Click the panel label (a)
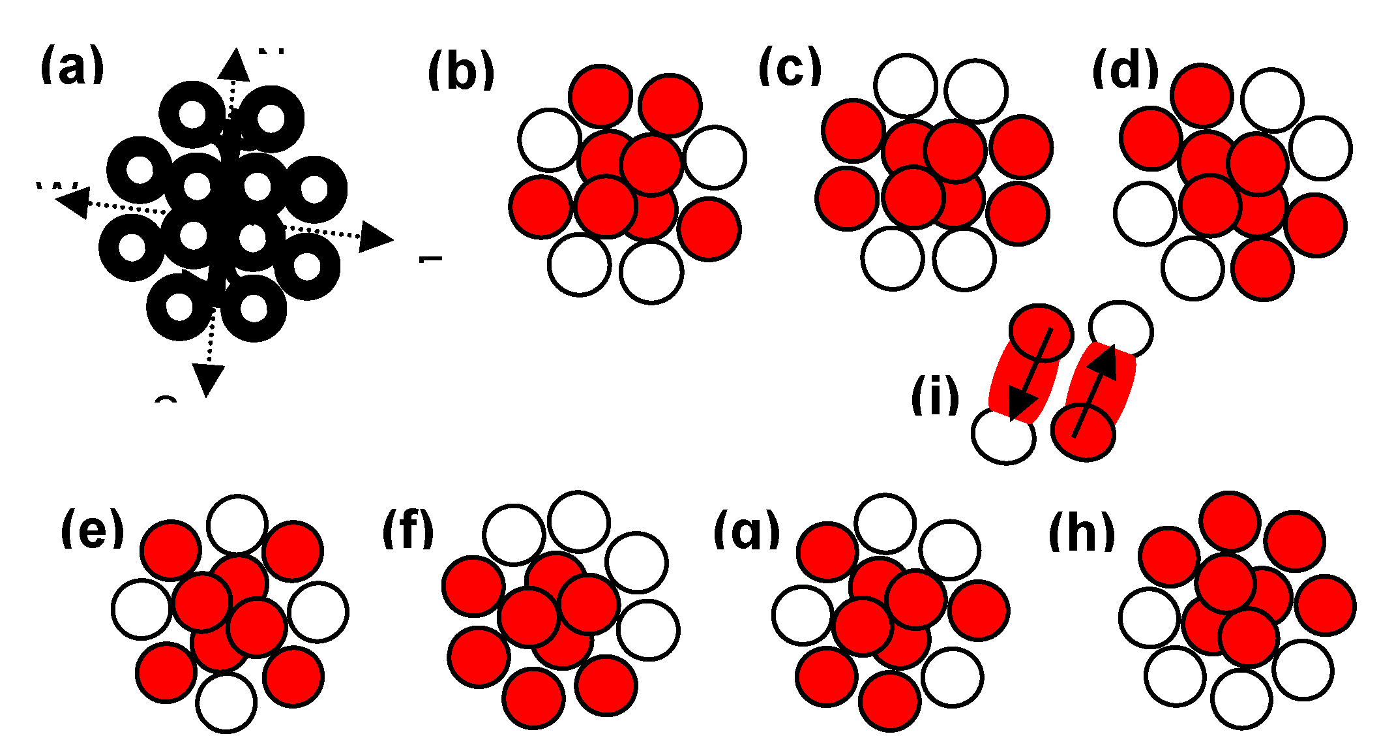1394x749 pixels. (72, 65)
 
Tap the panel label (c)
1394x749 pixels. (790, 67)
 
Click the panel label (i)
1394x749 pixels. (935, 395)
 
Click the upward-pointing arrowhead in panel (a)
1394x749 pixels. (234, 65)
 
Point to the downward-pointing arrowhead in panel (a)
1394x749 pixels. (208, 379)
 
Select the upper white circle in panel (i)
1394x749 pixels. (1120, 331)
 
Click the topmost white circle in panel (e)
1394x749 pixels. (237, 524)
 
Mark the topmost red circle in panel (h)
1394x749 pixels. (1230, 521)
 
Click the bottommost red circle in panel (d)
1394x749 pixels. (1263, 269)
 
